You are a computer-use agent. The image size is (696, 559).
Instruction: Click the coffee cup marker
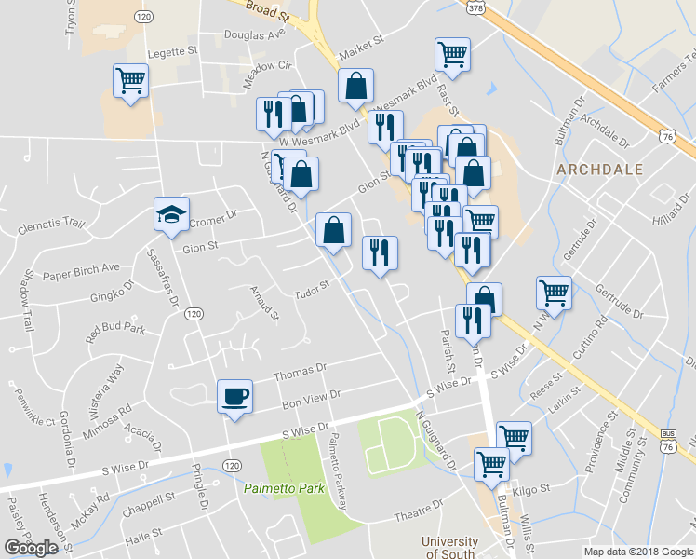coord(234,396)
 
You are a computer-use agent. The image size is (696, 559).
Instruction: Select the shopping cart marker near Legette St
coord(129,79)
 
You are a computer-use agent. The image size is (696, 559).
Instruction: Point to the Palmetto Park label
coord(275,488)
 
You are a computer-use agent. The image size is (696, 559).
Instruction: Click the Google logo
coord(31,548)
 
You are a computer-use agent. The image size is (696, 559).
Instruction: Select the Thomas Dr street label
coord(300,373)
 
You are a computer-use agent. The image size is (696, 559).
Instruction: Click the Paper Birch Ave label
coord(82,271)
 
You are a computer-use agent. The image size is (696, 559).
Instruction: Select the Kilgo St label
coord(531,487)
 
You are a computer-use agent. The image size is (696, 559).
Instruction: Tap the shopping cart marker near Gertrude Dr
coord(554,293)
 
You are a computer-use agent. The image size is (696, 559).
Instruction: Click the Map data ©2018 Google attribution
coord(638,552)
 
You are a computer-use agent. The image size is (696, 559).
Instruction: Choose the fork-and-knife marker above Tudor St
coord(379,252)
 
